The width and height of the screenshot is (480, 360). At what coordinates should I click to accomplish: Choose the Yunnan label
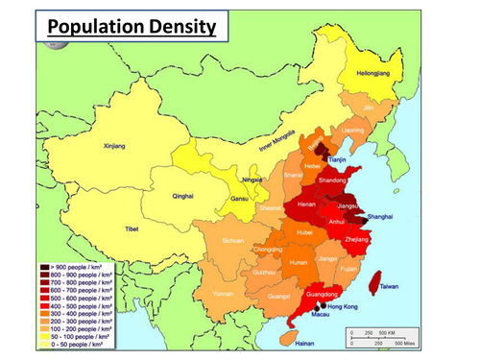pyautogui.click(x=223, y=293)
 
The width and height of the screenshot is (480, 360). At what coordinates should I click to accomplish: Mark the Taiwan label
pyautogui.click(x=390, y=286)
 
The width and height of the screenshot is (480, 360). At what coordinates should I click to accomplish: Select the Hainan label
pyautogui.click(x=304, y=343)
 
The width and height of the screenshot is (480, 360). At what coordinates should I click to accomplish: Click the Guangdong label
pyautogui.click(x=322, y=294)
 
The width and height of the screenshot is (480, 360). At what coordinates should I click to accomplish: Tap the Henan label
pyautogui.click(x=307, y=205)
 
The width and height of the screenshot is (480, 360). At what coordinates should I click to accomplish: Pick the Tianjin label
pyautogui.click(x=338, y=159)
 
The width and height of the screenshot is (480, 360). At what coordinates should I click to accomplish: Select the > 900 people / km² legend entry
pyautogui.click(x=76, y=265)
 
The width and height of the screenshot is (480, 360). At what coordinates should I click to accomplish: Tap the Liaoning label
pyautogui.click(x=352, y=129)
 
